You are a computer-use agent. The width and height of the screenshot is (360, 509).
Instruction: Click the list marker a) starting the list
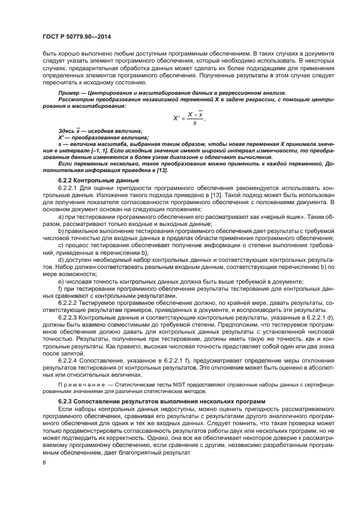[60, 216]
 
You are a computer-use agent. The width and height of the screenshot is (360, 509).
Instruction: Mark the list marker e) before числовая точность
[60, 281]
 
